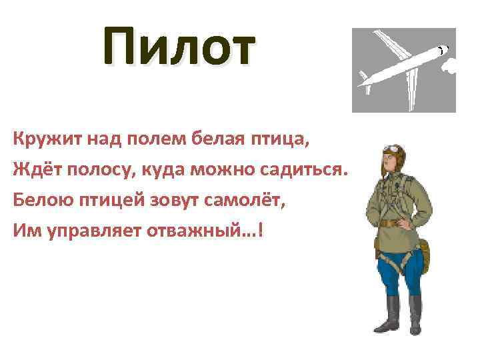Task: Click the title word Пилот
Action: pos(179,49)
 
